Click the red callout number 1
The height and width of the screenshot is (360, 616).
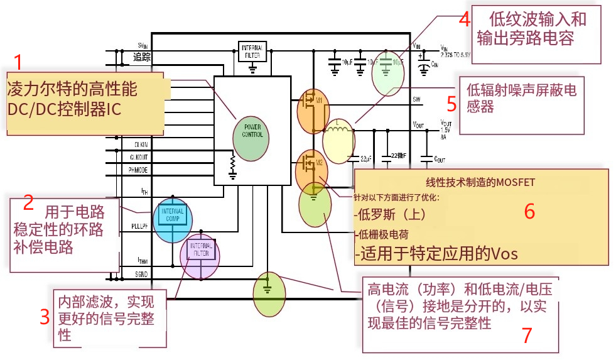pyautogui.click(x=18, y=63)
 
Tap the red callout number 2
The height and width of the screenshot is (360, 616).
pyautogui.click(x=28, y=203)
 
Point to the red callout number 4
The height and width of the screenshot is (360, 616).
pyautogui.click(x=464, y=18)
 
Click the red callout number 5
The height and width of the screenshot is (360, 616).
pyautogui.click(x=451, y=102)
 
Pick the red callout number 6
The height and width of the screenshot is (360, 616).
pyautogui.click(x=529, y=212)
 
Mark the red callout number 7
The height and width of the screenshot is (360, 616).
pyautogui.click(x=527, y=335)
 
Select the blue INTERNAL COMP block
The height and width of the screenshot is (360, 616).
pyautogui.click(x=172, y=215)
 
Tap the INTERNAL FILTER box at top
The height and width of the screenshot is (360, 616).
pyautogui.click(x=253, y=51)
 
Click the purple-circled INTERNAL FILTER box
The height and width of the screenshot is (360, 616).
pyautogui.click(x=200, y=253)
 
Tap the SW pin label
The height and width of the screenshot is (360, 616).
pyautogui.click(x=416, y=100)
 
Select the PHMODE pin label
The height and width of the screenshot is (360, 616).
pyautogui.click(x=138, y=170)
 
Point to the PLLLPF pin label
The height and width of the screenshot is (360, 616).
pyautogui.click(x=139, y=226)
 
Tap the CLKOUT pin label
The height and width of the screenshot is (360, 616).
pyautogui.click(x=139, y=157)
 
